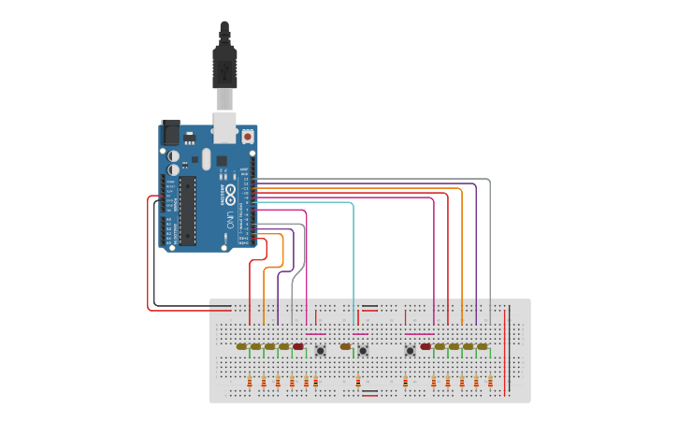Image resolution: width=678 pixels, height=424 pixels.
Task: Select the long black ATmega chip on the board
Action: point(187,211)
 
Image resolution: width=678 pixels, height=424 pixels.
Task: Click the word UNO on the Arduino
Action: point(230,222)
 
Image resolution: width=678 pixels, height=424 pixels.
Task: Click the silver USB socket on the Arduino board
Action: point(224,126)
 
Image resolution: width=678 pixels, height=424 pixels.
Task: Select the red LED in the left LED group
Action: point(298,346)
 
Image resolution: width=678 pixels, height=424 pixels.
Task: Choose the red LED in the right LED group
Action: point(426,346)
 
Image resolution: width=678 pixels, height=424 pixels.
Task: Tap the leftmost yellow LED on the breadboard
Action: point(242,346)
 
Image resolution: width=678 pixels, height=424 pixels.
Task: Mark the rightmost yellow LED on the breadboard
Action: point(483,346)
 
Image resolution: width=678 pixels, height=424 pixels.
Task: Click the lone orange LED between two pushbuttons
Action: point(345,346)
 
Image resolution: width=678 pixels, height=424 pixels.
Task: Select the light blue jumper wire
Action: point(353,253)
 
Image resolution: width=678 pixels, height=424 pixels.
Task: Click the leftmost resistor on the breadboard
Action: point(250,381)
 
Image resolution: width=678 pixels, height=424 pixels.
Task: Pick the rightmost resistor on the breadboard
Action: point(490,381)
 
